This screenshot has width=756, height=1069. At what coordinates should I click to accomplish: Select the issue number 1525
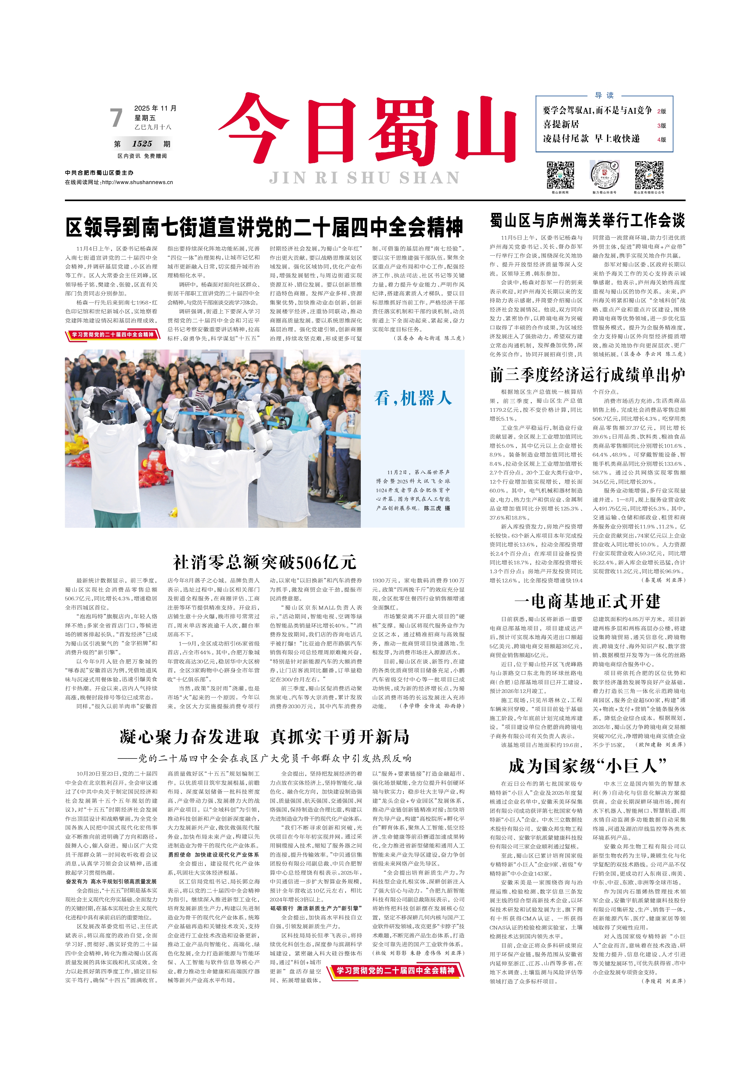[142, 144]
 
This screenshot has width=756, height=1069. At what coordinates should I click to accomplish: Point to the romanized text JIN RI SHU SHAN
[364, 178]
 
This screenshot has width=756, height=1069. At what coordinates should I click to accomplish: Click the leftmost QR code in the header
[560, 175]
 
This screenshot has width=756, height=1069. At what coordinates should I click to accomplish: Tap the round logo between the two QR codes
[605, 175]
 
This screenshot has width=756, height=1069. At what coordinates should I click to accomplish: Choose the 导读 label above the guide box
[604, 95]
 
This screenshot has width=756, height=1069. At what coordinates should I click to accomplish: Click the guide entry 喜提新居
[561, 125]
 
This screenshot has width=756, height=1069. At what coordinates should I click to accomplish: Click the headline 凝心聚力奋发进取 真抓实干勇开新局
[264, 737]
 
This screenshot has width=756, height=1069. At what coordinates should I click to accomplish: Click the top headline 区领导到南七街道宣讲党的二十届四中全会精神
[264, 227]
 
